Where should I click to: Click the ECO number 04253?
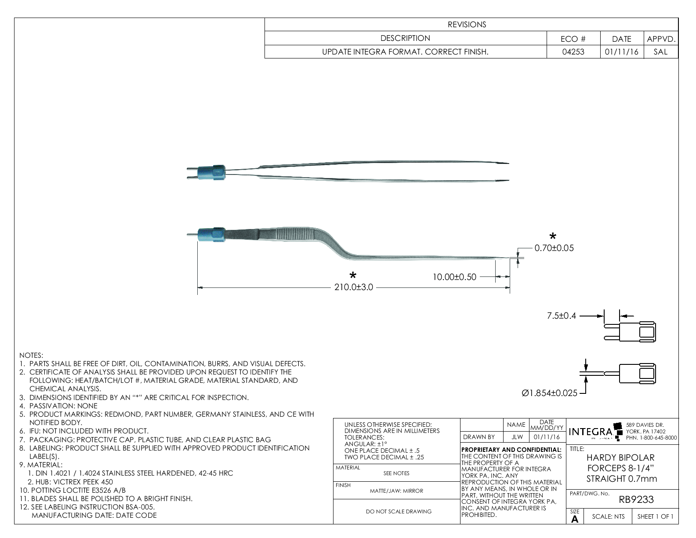pos(573,52)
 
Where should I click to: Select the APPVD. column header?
pos(661,39)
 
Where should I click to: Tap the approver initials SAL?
pos(660,52)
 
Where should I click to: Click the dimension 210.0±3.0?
pos(353,287)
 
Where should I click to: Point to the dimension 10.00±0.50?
pos(454,277)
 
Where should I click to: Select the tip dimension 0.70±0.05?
pos(554,248)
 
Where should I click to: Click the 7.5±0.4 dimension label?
pos(561,316)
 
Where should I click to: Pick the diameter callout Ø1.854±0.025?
pos(549,393)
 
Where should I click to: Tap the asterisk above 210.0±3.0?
pos(352,276)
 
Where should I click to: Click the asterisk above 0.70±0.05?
pos(553,236)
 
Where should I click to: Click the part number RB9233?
pos(636,499)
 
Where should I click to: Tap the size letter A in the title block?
pos(575,519)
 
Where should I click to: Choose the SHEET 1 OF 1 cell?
pos(655,516)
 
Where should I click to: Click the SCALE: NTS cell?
pos(608,516)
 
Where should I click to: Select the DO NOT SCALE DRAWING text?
pos(399,511)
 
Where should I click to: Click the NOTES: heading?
pos(31,355)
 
